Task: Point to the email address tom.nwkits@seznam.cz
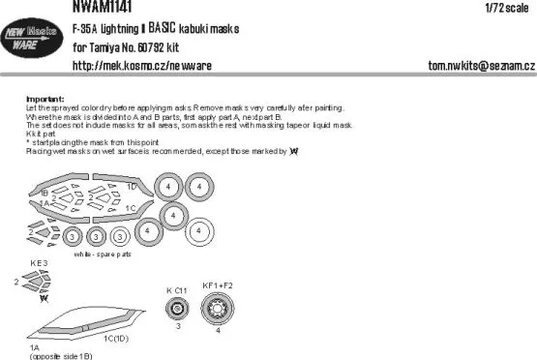click(481, 65)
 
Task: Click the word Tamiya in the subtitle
click(111, 45)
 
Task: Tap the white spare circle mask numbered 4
click(202, 230)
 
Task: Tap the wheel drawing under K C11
click(176, 310)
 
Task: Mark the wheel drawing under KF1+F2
click(217, 310)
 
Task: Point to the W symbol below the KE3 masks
click(43, 299)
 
